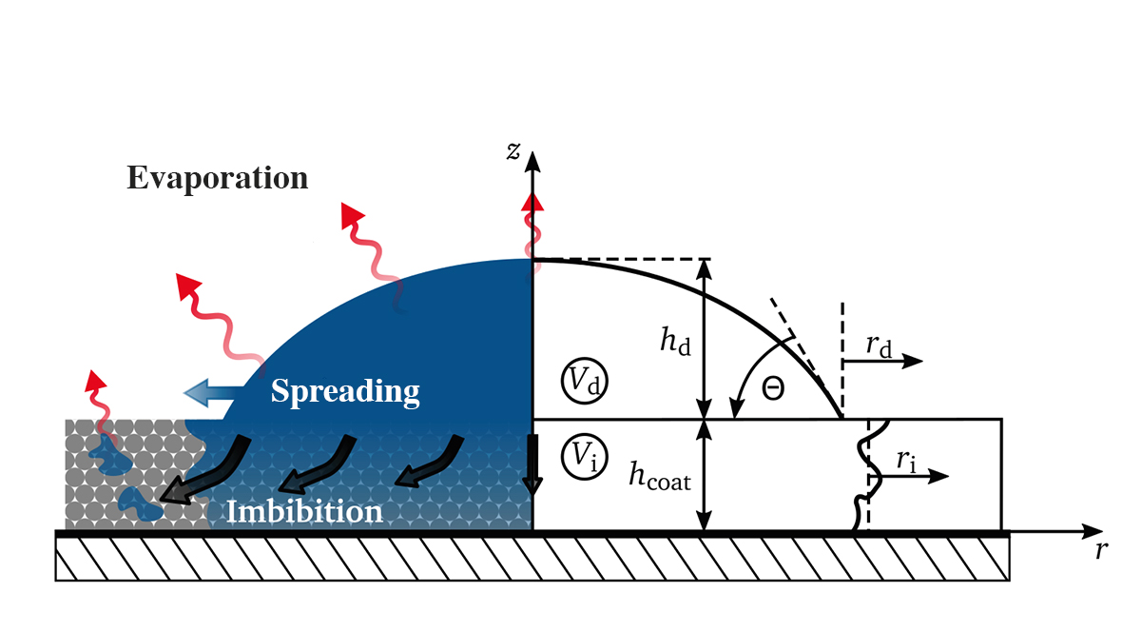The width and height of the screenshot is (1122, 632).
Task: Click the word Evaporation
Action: (218, 178)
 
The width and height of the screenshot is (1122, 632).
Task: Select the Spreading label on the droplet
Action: (345, 390)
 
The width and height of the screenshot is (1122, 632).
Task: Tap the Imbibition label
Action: (304, 512)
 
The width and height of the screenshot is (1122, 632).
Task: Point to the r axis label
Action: (1101, 551)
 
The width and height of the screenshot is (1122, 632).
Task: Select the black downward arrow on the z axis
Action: (532, 466)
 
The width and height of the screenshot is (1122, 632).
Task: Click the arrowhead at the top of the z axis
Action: (533, 158)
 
